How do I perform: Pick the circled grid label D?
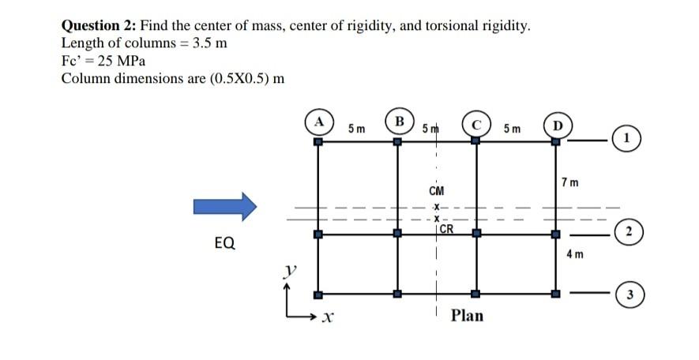click(557, 125)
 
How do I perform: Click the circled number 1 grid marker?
click(627, 140)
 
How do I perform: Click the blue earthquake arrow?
click(225, 207)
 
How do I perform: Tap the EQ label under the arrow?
click(224, 243)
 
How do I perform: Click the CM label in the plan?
click(436, 190)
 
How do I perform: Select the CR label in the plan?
click(446, 230)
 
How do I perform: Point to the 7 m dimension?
click(570, 183)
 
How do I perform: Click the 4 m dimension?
click(575, 254)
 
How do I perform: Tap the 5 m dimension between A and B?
click(356, 127)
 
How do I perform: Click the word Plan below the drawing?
click(467, 316)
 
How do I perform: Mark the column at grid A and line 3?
click(318, 294)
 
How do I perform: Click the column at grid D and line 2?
click(555, 234)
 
